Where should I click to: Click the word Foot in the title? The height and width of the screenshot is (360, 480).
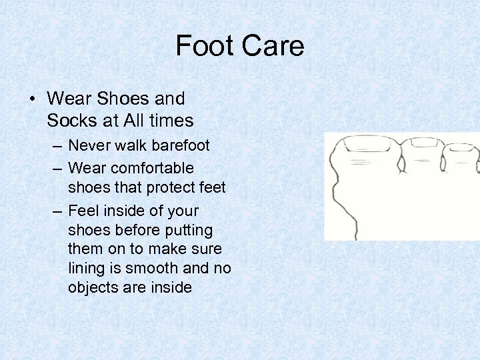203,46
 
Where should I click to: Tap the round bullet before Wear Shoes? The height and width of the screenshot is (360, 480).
33,99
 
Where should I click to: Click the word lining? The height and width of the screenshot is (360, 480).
86,268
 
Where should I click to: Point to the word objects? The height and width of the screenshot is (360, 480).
94,287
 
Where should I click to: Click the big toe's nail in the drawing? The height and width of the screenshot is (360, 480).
365,144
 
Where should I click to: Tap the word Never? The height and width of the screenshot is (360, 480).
90,145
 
